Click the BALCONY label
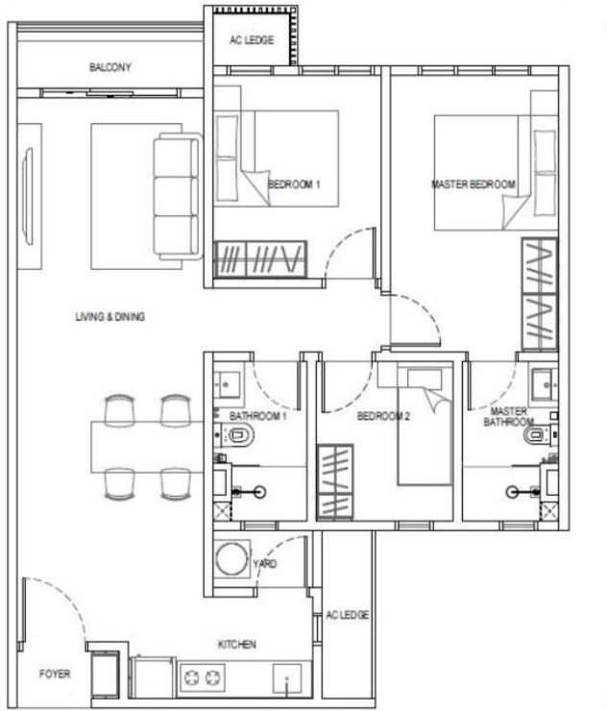click(x=110, y=67)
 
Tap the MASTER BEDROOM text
click(x=473, y=184)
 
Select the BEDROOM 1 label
click(x=294, y=184)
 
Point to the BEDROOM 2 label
click(x=383, y=416)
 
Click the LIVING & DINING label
click(x=110, y=316)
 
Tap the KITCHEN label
click(x=236, y=645)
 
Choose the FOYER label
click(x=55, y=674)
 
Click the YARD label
click(x=265, y=564)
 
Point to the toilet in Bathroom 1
click(x=237, y=436)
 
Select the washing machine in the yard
click(x=232, y=558)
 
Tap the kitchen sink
click(x=287, y=678)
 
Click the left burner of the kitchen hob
click(x=191, y=678)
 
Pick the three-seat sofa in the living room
click(x=178, y=196)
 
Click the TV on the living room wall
click(x=28, y=196)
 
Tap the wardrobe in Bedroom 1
click(x=260, y=258)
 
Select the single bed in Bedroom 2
click(x=425, y=424)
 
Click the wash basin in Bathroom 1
click(x=227, y=385)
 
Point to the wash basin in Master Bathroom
click(x=545, y=385)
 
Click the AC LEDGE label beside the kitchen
click(x=348, y=615)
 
